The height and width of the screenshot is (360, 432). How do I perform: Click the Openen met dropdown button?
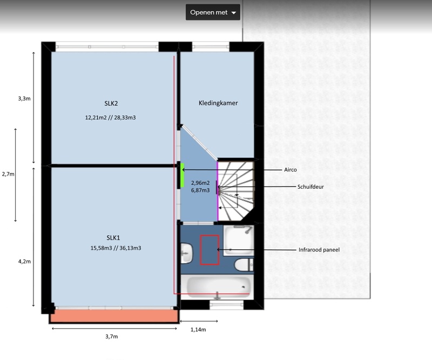click(213, 12)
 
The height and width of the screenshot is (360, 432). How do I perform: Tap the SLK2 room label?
click(111, 103)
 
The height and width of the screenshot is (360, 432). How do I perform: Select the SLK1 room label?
click(113, 237)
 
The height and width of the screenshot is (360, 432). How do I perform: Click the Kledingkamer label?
click(218, 103)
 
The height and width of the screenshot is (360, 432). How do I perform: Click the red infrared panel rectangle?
click(210, 250)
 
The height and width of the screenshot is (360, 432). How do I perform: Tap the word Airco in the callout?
click(291, 170)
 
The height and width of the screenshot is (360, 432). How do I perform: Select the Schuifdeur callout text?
click(310, 187)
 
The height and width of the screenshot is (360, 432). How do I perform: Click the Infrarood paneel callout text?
click(319, 250)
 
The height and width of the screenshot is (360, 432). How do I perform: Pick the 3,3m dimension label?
click(24, 98)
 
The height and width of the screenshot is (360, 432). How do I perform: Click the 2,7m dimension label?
click(8, 174)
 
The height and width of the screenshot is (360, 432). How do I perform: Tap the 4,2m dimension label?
click(24, 262)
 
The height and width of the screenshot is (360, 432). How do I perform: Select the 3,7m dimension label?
click(112, 337)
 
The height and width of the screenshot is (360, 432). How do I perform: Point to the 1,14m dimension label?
click(198, 330)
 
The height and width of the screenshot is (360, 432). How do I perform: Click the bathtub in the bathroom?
click(218, 287)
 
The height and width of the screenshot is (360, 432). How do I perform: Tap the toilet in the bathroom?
click(244, 265)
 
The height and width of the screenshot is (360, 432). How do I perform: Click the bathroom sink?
click(187, 253)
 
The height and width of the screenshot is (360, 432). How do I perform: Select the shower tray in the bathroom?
click(238, 241)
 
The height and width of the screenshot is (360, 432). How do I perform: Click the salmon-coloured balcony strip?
click(114, 316)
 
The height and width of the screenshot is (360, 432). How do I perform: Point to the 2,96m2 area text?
click(200, 183)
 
